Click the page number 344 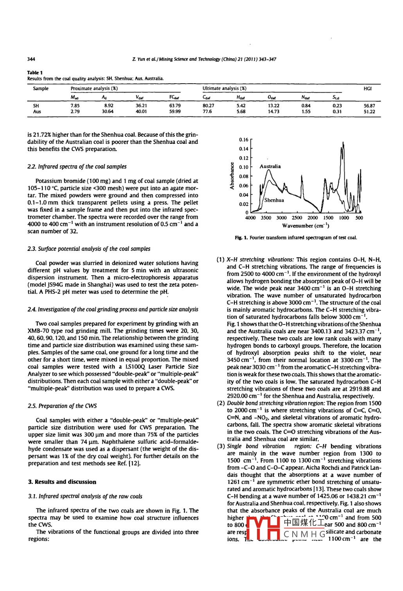pyautogui.click(x=31, y=59)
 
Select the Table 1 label pyautogui.click(x=35, y=72)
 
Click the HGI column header pyautogui.click(x=367, y=89)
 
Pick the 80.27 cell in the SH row pyautogui.click(x=208, y=106)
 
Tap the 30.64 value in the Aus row pyautogui.click(x=108, y=111)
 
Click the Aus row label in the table pyautogui.click(x=37, y=111)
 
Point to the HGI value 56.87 pyautogui.click(x=369, y=106)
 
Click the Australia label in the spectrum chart pyautogui.click(x=270, y=166)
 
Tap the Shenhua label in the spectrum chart pyautogui.click(x=274, y=200)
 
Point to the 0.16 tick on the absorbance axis pyautogui.click(x=243, y=140)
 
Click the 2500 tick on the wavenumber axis pyautogui.click(x=297, y=218)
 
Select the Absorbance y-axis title pyautogui.click(x=232, y=176)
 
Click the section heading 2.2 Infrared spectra pyautogui.click(x=77, y=167)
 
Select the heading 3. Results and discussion pyautogui.click(x=62, y=482)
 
